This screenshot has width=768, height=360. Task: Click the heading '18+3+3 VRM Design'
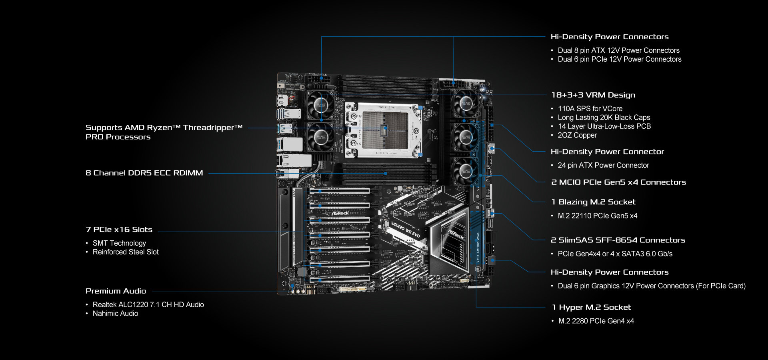click(593, 95)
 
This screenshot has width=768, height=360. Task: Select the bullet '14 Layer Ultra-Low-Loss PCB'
click(604, 126)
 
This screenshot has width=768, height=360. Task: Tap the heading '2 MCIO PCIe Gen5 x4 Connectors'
click(618, 182)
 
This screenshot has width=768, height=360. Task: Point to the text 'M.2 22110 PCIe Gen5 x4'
click(597, 216)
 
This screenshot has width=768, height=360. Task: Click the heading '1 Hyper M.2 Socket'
click(591, 308)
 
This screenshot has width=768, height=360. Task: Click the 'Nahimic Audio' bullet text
click(115, 314)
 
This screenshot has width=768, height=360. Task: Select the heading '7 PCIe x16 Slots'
click(119, 230)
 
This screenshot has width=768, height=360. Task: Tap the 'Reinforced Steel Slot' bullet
click(126, 252)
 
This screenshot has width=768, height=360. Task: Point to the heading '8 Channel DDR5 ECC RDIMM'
click(144, 173)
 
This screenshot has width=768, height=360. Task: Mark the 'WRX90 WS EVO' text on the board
click(405, 230)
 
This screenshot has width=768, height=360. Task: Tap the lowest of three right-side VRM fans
click(465, 171)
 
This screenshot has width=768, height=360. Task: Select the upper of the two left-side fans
click(320, 105)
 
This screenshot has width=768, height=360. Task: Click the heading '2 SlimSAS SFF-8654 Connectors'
click(618, 240)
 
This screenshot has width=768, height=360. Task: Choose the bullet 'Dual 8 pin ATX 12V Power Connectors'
click(618, 50)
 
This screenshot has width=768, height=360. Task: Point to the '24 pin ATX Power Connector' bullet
click(603, 166)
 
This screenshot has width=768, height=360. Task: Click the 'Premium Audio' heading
click(116, 291)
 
